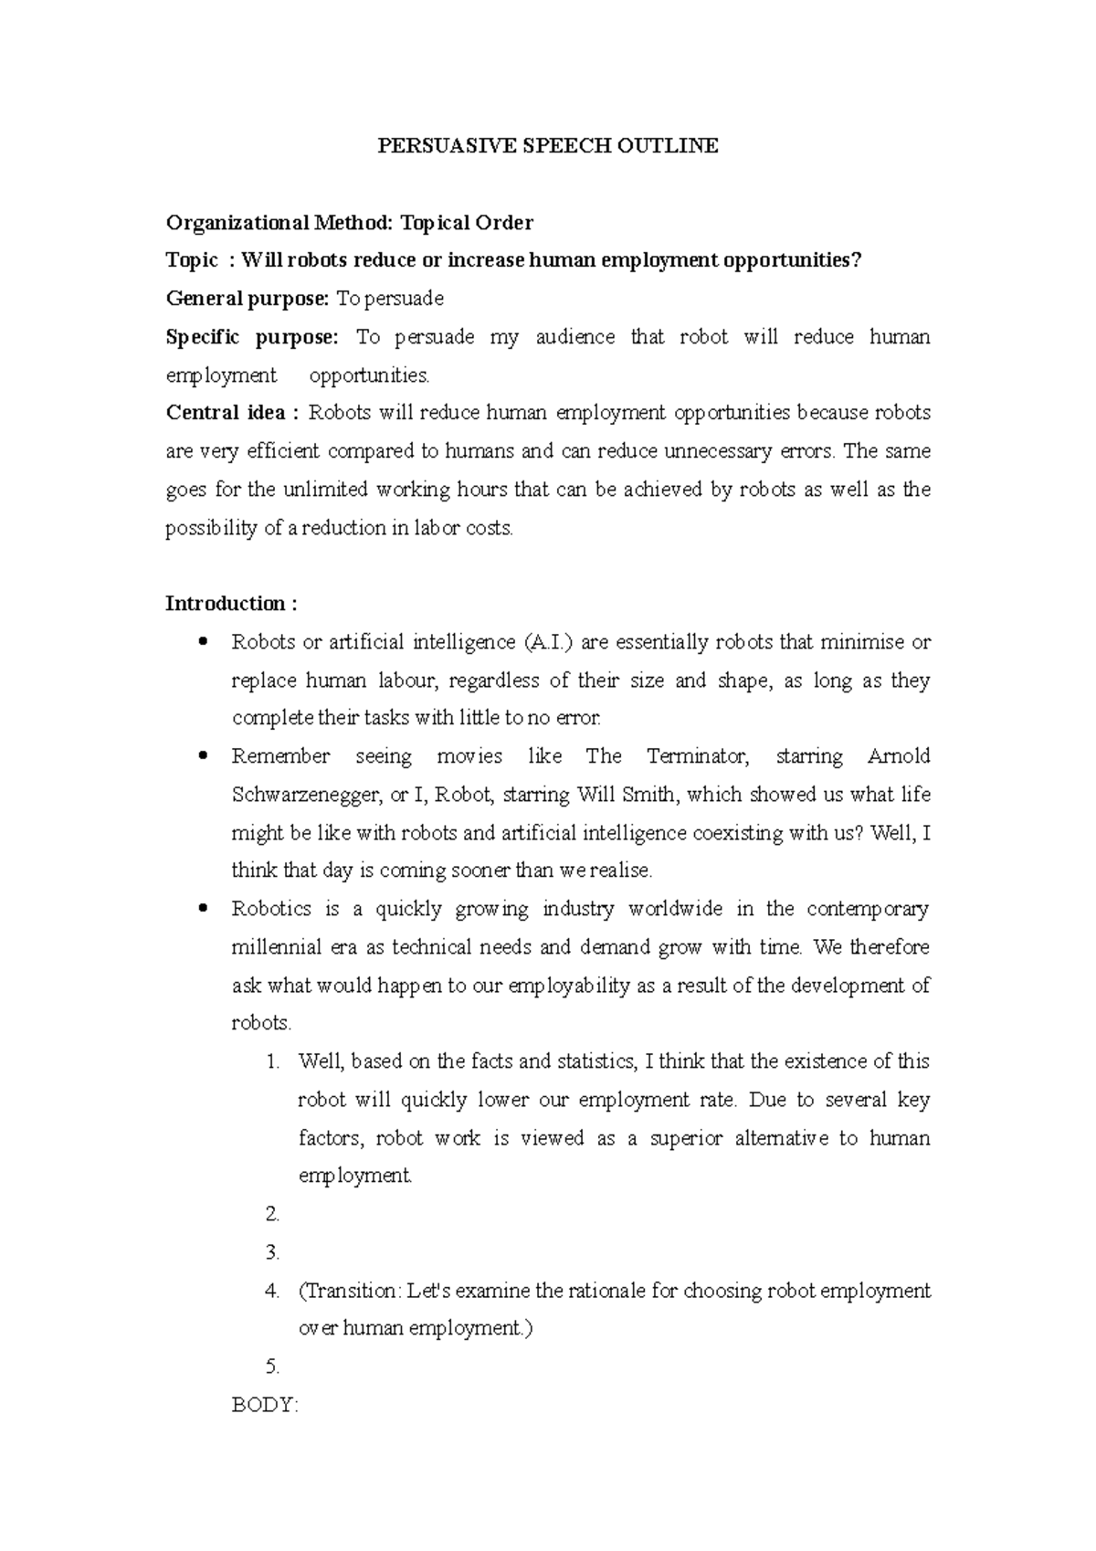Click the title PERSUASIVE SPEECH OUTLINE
click(548, 145)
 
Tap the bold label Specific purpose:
click(252, 337)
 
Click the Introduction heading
click(231, 604)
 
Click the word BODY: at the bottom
click(265, 1405)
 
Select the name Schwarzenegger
click(305, 795)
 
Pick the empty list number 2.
click(271, 1215)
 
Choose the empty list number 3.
click(271, 1252)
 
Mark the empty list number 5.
click(271, 1367)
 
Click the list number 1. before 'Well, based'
click(271, 1061)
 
